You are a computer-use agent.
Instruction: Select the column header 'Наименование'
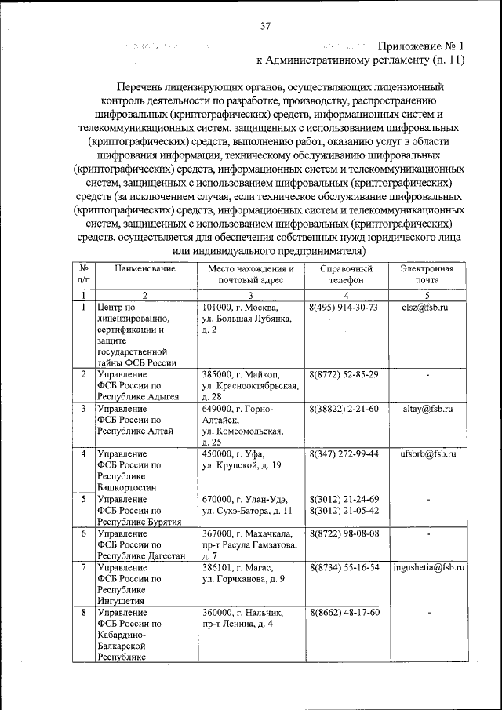[145, 268]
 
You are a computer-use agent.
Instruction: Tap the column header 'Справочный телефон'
[345, 274]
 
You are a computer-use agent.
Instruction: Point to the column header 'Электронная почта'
[428, 274]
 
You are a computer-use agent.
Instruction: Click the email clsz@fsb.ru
[428, 307]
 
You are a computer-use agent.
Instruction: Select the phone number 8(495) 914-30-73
[344, 307]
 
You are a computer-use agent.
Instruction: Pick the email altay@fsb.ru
[428, 409]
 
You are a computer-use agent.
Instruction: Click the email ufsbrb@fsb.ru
[428, 453]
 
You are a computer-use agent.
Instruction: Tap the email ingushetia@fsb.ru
[428, 566]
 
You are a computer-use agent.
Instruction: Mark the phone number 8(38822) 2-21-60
[344, 409]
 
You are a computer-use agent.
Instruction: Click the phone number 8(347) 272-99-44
[344, 453]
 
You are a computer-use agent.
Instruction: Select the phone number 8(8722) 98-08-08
[344, 533]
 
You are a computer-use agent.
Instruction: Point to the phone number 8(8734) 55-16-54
[344, 566]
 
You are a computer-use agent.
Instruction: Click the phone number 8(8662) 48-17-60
[344, 612]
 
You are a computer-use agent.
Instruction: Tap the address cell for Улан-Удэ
[250, 505]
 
